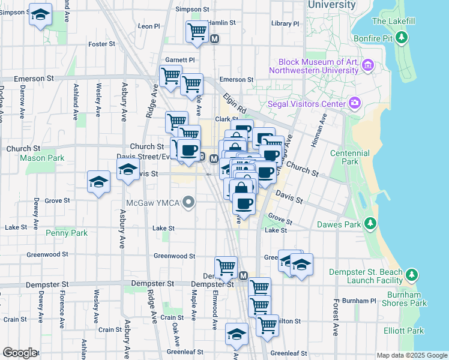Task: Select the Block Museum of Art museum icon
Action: pos(368,65)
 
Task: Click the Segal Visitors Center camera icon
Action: pos(355,103)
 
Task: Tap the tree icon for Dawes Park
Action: pos(370,224)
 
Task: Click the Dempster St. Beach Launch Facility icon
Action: pos(411,275)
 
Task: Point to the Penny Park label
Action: pos(70,233)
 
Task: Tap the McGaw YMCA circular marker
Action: pos(189,202)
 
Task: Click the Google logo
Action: pos(19,353)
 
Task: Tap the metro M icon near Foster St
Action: pos(215,39)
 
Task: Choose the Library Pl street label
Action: pos(285,23)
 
